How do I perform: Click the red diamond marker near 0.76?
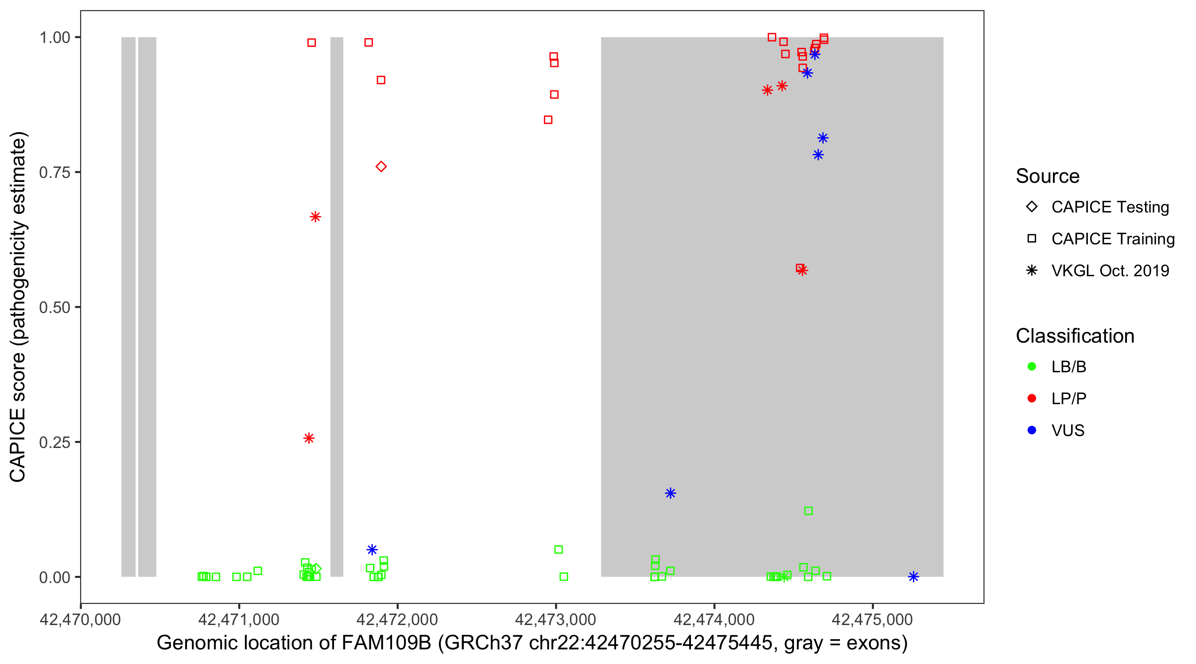coord(381,166)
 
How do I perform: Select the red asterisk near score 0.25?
coord(309,438)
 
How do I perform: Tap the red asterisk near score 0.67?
coord(315,217)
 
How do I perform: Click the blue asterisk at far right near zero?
coord(913,577)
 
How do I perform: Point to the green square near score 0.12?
coord(808,511)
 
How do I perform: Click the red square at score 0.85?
coord(548,120)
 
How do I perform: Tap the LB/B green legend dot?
coord(1032,367)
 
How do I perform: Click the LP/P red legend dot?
coord(1032,398)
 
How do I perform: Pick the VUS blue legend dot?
coord(1032,430)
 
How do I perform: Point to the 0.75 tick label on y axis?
coord(54,172)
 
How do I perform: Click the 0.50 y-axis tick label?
coord(54,307)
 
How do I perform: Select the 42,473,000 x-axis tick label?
coord(555,619)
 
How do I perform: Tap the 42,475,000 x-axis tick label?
coord(872,619)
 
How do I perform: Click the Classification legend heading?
coord(1075,336)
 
